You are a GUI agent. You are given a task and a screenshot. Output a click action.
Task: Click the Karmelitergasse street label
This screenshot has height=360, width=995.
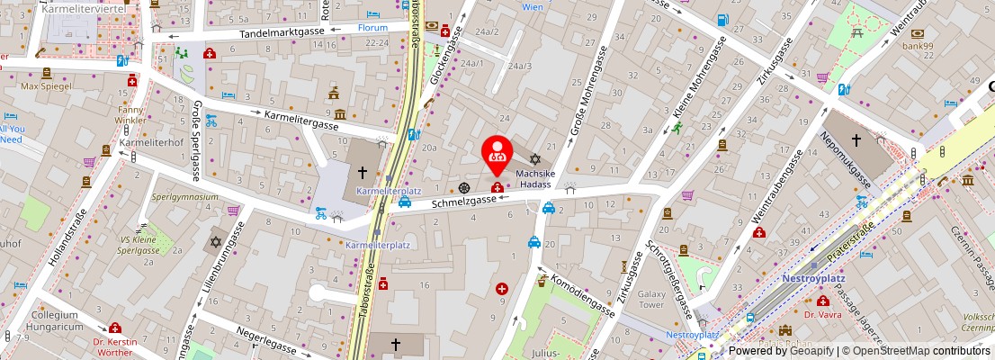tap(300, 117)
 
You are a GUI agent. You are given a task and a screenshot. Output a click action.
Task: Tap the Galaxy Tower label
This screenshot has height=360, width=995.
tap(650, 300)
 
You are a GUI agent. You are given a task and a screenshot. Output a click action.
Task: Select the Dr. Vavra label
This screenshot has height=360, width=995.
tap(821, 315)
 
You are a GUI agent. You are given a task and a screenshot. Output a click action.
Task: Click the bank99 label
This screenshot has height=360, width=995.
tap(919, 45)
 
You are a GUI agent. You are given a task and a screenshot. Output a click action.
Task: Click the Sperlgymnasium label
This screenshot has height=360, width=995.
tap(185, 196)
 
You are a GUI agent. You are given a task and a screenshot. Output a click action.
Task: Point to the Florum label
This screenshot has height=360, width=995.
tap(372, 27)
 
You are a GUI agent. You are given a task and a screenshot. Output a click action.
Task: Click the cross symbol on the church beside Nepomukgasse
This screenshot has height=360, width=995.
tap(856, 140)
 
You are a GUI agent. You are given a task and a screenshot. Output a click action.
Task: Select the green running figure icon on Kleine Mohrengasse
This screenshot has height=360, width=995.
tap(676, 129)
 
